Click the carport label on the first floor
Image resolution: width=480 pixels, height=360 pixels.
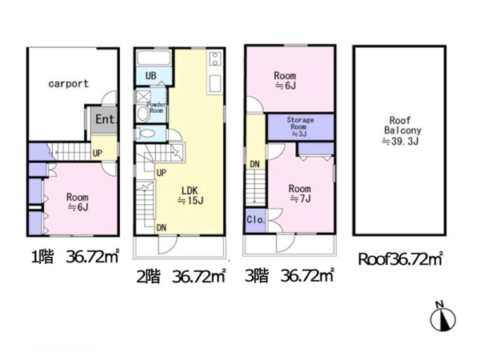69,83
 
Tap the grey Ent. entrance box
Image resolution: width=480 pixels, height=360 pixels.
104,119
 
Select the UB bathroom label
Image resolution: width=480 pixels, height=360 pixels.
151,75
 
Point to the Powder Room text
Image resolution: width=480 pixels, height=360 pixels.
156,107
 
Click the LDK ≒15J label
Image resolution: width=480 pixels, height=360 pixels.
190,196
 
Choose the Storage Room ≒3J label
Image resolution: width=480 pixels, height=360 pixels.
300,126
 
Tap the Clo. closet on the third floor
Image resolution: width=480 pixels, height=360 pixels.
256,219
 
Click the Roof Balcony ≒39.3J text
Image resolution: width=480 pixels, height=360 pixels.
401,130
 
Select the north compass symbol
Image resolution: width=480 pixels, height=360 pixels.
443,318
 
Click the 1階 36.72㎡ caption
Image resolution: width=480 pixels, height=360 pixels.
75,257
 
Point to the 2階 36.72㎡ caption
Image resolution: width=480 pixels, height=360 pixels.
181,277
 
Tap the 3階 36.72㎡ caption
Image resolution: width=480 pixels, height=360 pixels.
289,275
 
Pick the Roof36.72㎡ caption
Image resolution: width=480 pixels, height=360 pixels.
401,259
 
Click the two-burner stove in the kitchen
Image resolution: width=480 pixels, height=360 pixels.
215,59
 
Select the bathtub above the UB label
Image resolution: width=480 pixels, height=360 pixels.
154,58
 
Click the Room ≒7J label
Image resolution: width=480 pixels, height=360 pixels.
300,194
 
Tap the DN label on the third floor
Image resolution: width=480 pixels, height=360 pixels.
254,164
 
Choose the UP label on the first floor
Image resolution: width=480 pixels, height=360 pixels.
98,153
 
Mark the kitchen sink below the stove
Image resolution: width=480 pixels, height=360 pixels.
215,84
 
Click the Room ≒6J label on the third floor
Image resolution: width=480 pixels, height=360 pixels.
285,80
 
